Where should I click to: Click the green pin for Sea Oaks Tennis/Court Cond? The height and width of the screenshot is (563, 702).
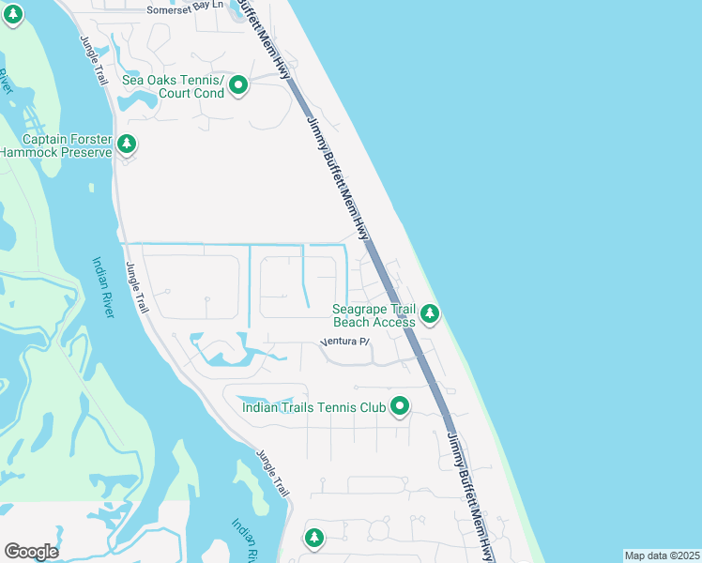pos(238,86)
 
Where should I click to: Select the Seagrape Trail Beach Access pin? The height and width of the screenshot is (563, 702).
pos(430,313)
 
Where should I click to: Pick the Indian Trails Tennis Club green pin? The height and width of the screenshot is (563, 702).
pos(401,406)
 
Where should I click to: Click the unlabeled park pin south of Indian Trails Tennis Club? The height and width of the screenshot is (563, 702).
pos(314,538)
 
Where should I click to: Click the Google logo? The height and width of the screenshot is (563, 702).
pos(31,552)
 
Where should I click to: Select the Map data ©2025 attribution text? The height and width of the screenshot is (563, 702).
pos(662,555)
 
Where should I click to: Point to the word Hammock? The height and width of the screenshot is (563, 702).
pos(27,152)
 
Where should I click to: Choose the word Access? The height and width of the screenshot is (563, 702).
pos(394,323)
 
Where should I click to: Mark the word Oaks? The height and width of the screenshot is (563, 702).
pos(164,80)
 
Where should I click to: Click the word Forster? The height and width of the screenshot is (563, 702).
pos(92,138)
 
